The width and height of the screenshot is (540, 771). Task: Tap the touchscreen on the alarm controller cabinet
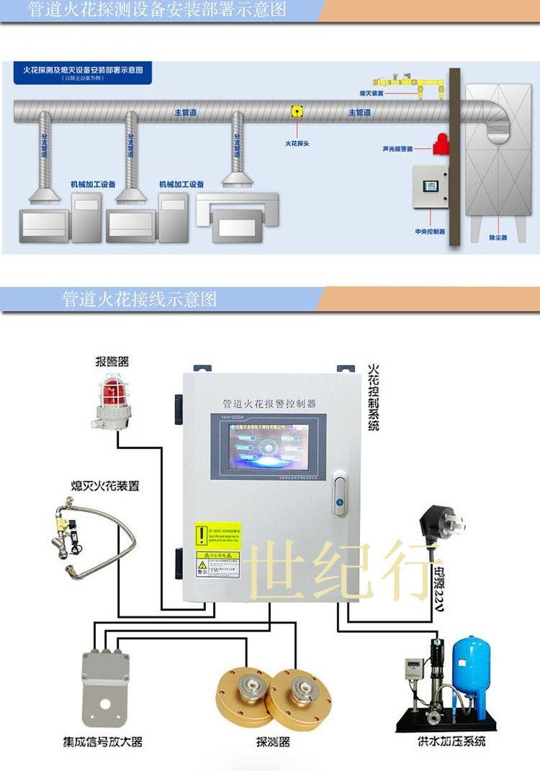click(268, 446)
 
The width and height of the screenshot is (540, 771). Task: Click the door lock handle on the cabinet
click(340, 493)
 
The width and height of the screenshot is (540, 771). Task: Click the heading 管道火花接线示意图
click(140, 299)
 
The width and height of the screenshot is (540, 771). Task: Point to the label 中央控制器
click(430, 232)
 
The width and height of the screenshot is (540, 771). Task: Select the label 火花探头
click(297, 144)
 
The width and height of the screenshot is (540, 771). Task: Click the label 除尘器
click(498, 237)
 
